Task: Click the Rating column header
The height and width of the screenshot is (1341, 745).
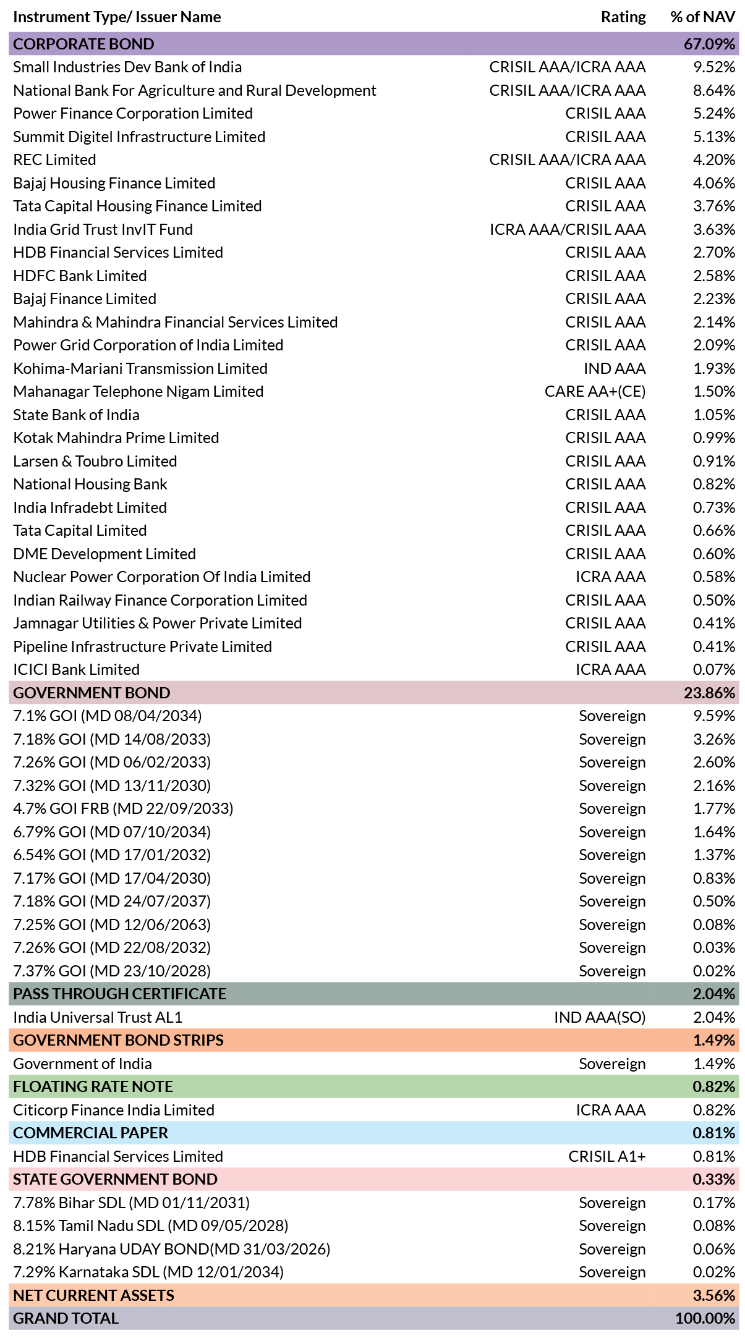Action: pos(623,17)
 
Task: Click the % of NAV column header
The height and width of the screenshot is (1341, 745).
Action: pos(703,17)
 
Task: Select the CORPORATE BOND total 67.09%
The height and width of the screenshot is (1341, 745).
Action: pos(710,44)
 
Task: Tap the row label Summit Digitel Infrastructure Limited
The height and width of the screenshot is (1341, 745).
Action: pos(139,137)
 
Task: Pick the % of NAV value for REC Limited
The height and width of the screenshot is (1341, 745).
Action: pos(714,159)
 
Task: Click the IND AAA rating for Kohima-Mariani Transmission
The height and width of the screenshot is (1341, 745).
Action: pos(615,368)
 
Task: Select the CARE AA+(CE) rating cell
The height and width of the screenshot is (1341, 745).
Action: pos(595,392)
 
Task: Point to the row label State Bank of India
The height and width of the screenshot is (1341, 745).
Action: pos(76,415)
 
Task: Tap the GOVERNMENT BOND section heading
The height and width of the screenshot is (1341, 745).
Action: pos(92,693)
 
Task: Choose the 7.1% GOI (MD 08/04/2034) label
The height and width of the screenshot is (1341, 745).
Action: pos(108,716)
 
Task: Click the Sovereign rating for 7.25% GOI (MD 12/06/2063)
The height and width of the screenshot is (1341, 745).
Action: pos(612,925)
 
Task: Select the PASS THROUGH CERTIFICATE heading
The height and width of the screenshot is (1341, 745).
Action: pos(120,994)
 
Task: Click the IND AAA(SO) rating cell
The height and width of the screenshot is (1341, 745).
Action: pos(600,1018)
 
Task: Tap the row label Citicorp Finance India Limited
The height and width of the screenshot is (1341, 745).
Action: pos(114,1110)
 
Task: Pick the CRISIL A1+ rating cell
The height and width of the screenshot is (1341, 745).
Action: pos(607,1156)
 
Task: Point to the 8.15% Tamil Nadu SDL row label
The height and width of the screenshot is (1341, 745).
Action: pos(151,1226)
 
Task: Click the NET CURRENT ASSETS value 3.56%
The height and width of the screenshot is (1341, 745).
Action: pos(714,1295)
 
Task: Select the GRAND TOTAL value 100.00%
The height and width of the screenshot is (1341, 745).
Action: pos(705,1318)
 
